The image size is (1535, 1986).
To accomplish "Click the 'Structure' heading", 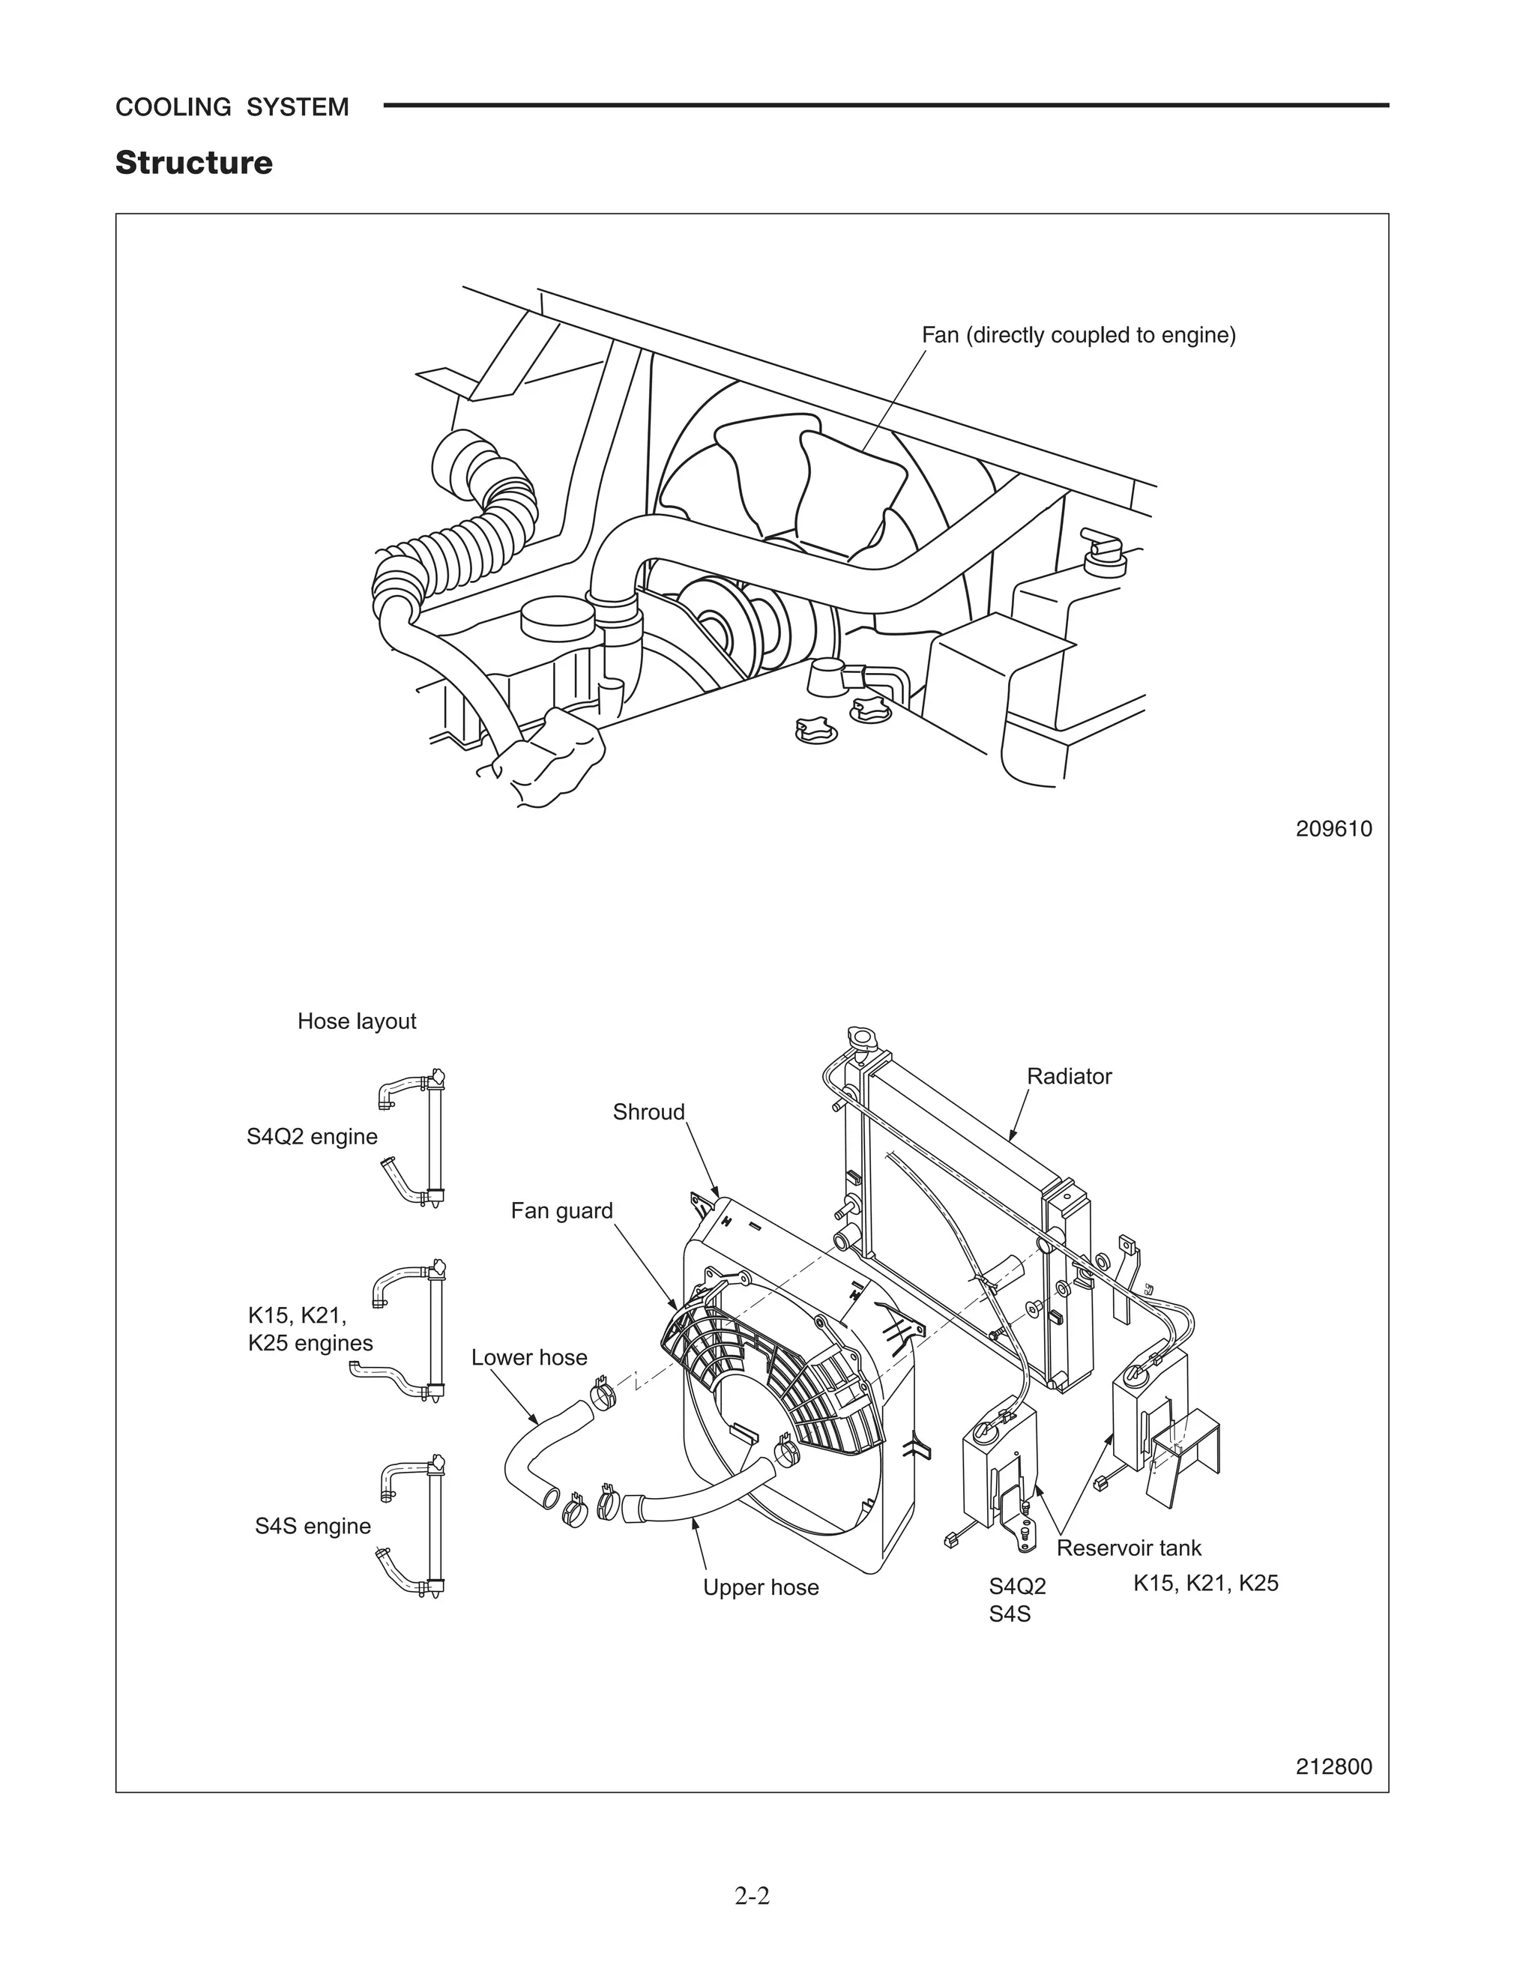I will coord(193,163).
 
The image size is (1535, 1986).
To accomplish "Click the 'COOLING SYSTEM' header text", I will coord(232,107).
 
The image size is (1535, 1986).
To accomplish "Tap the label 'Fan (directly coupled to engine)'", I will coord(1079,336).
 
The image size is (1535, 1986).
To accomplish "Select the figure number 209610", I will coord(1333,830).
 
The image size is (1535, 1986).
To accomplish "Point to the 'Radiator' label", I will coord(1069,1077).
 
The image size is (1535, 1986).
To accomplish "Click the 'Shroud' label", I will coord(648,1112).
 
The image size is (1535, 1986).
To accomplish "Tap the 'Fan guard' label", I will coord(561,1211).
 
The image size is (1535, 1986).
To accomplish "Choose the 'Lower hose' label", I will coord(529,1358).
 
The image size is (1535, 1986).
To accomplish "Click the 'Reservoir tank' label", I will coord(1129,1548).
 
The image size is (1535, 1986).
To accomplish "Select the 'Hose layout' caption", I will coord(357,1021).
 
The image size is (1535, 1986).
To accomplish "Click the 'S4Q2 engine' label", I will coord(312,1137).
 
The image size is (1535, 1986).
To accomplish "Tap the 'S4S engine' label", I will coord(312,1526).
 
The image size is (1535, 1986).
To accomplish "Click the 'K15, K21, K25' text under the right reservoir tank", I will coord(1205,1583).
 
